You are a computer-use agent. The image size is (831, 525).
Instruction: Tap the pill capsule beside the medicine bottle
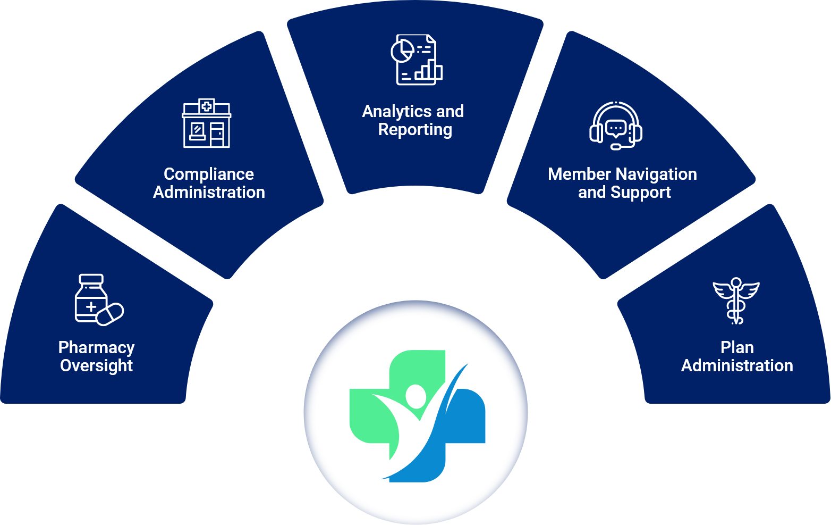(x=111, y=314)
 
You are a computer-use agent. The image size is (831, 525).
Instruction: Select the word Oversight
(x=96, y=366)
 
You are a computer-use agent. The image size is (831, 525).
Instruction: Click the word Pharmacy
(x=96, y=347)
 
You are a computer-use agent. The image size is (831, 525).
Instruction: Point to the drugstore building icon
(x=207, y=123)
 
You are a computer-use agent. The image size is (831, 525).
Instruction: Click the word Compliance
(x=209, y=174)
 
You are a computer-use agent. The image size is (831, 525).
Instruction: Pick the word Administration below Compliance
(x=209, y=192)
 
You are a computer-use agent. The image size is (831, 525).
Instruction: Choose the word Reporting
(x=415, y=130)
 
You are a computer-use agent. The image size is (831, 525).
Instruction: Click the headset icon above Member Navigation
(x=616, y=126)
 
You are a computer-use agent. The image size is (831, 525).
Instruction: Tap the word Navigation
(x=656, y=174)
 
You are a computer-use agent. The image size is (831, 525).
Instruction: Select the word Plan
(x=737, y=347)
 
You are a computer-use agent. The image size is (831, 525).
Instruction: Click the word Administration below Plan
(x=737, y=366)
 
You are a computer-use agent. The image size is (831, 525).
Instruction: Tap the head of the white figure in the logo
(x=415, y=395)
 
